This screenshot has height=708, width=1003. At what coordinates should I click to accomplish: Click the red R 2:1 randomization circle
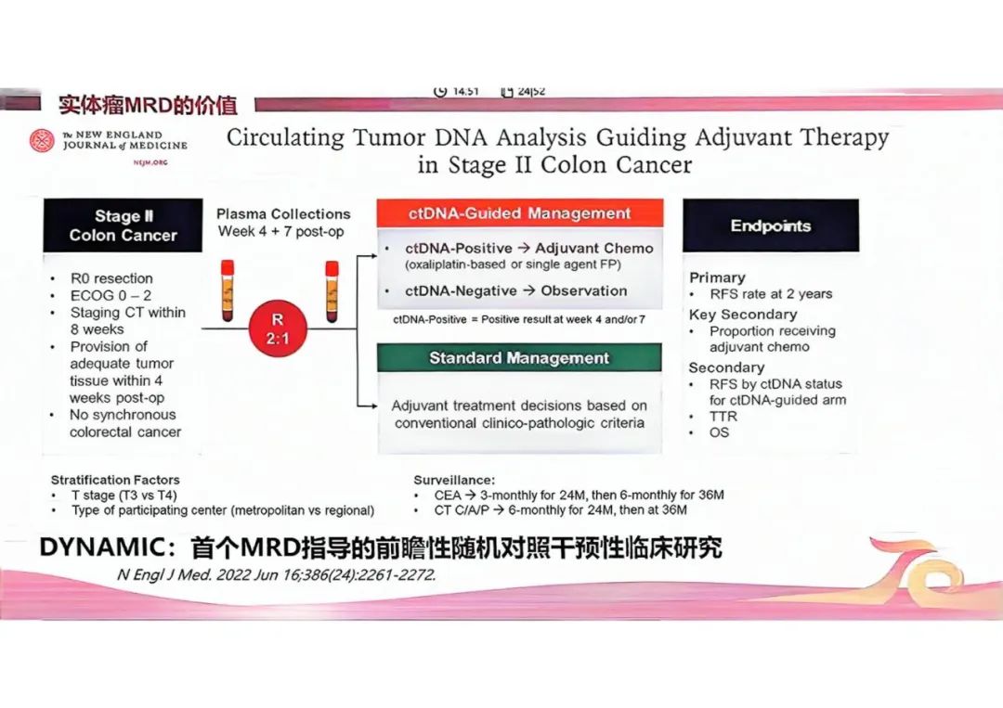(x=277, y=328)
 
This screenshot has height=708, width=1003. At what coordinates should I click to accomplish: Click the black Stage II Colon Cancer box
(x=123, y=225)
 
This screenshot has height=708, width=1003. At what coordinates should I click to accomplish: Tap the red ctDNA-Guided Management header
(x=519, y=213)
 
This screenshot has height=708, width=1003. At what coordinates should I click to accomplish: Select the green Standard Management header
(x=519, y=357)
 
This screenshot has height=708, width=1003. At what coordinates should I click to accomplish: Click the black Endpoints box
(x=770, y=225)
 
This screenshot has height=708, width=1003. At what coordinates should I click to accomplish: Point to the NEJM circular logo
(x=43, y=141)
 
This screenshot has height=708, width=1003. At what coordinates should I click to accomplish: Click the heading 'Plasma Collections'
(x=283, y=213)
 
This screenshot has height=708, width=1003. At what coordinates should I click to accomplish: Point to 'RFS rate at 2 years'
(x=771, y=294)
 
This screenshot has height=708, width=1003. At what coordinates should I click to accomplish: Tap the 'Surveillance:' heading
(x=454, y=480)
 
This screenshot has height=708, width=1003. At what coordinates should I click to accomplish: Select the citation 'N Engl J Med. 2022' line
(x=276, y=574)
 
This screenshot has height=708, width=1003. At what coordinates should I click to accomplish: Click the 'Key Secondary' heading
(x=743, y=315)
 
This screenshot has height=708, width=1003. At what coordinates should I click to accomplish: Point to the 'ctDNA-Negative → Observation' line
(x=515, y=290)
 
